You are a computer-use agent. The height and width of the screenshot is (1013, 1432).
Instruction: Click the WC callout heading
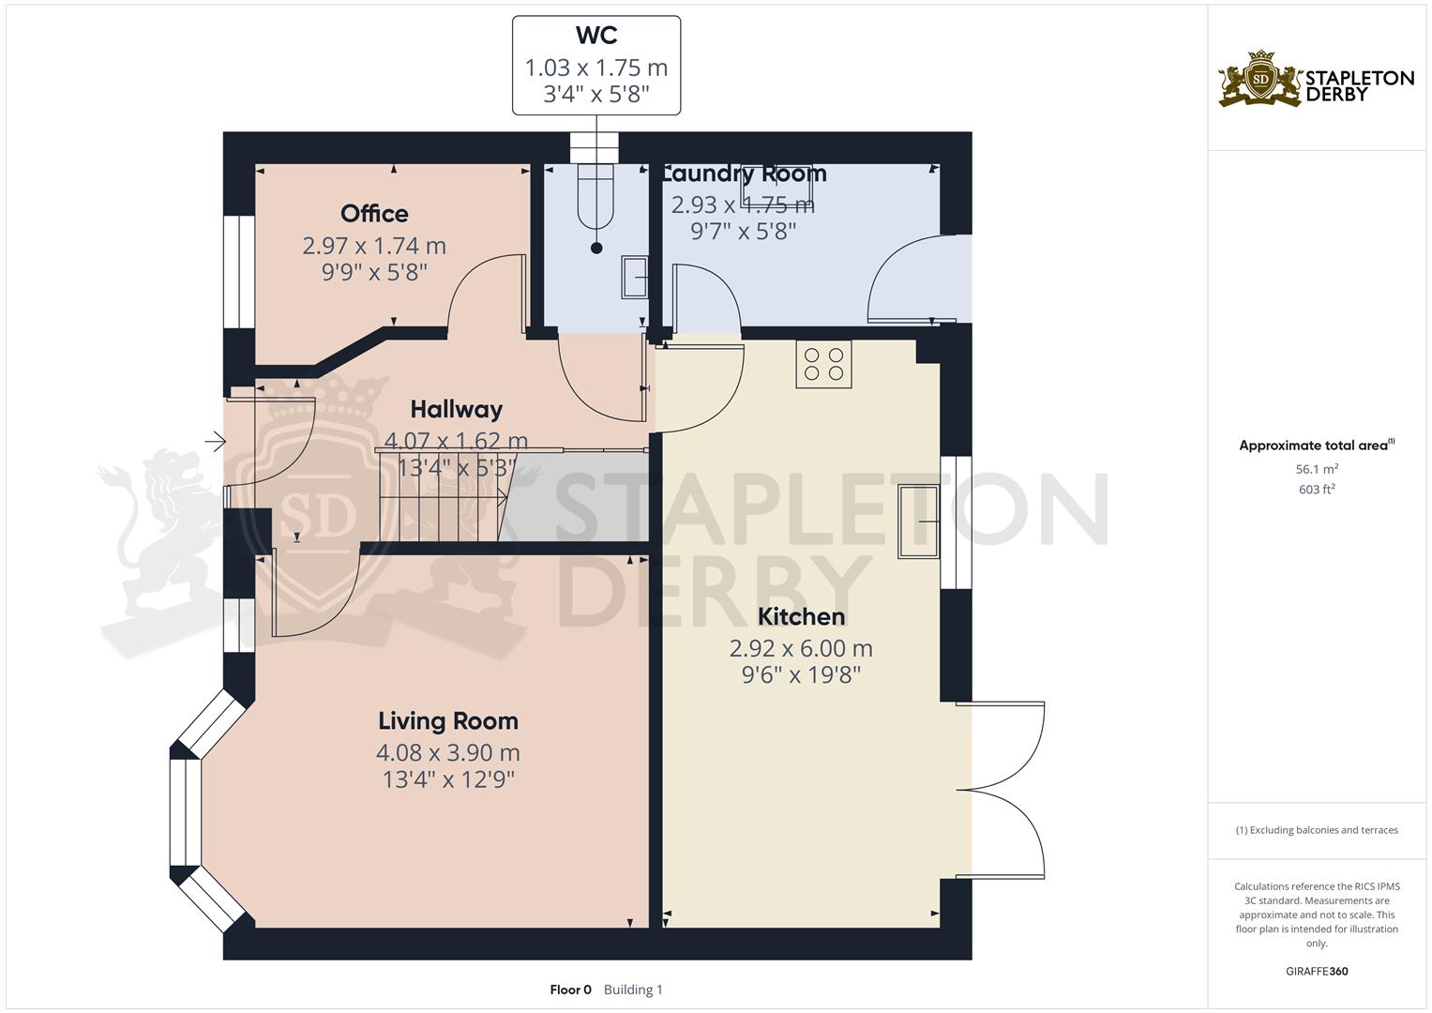pos(596,36)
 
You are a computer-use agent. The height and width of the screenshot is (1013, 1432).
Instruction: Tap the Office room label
pos(374,214)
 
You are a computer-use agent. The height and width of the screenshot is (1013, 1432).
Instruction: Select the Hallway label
pos(457,409)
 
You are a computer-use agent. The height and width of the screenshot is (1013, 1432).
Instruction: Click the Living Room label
pos(448,720)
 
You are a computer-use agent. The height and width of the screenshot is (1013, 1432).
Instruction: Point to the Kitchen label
pos(801,616)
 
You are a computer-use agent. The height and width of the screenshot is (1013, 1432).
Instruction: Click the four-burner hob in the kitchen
pos(824,365)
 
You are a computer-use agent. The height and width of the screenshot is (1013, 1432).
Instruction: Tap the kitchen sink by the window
pos(919,522)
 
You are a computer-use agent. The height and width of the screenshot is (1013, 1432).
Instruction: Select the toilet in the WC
pos(595,198)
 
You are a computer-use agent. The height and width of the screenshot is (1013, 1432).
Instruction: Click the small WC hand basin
pos(635,277)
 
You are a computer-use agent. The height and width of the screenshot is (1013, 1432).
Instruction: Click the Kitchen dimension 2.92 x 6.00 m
pos(801,648)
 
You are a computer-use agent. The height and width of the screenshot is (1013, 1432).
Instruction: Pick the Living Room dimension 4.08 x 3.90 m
pos(448,752)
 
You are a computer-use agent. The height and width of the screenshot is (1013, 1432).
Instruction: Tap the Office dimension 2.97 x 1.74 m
pos(374,246)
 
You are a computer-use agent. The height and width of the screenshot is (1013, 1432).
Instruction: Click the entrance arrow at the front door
pos(216,441)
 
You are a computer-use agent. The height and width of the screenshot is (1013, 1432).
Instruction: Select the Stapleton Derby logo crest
pos(1260,78)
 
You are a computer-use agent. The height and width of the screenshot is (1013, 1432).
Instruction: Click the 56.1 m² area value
pos(1317,469)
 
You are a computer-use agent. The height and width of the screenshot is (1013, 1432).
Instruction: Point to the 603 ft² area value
pos(1317,490)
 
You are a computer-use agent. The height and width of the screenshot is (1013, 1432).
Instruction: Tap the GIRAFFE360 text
pos(1317,971)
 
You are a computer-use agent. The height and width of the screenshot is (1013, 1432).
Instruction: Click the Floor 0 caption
pos(570,990)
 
